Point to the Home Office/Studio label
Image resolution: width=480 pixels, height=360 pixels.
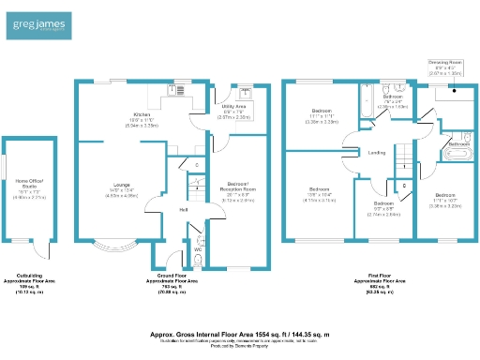pos(28,184)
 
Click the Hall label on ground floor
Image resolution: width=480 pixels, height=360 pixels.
pos(184,209)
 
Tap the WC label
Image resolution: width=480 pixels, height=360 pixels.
pos(197,249)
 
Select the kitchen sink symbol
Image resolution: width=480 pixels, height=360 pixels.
pos(177,90)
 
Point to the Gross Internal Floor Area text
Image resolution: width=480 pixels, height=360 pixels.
pos(239,333)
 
